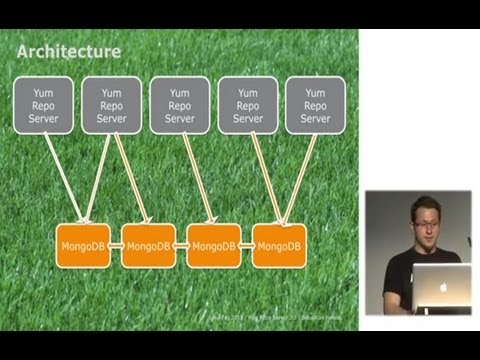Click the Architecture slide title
[x=71, y=51]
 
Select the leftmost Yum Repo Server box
[x=43, y=104]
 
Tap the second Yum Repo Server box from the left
[x=111, y=104]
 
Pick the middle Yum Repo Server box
[x=179, y=104]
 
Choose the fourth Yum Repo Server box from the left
[x=247, y=104]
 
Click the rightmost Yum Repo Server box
[x=315, y=104]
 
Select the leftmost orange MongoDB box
[x=81, y=245]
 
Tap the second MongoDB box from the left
[x=148, y=245]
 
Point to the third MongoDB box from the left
[x=214, y=245]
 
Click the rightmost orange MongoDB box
[x=279, y=245]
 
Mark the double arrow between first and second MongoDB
[x=115, y=245]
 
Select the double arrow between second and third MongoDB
[x=181, y=245]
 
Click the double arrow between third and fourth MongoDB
[x=247, y=245]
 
